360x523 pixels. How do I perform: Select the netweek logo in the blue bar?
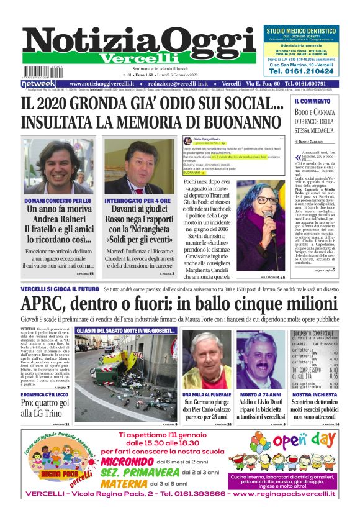click(x=38, y=84)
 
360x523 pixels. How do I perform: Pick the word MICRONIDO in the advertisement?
click(x=124, y=462)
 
